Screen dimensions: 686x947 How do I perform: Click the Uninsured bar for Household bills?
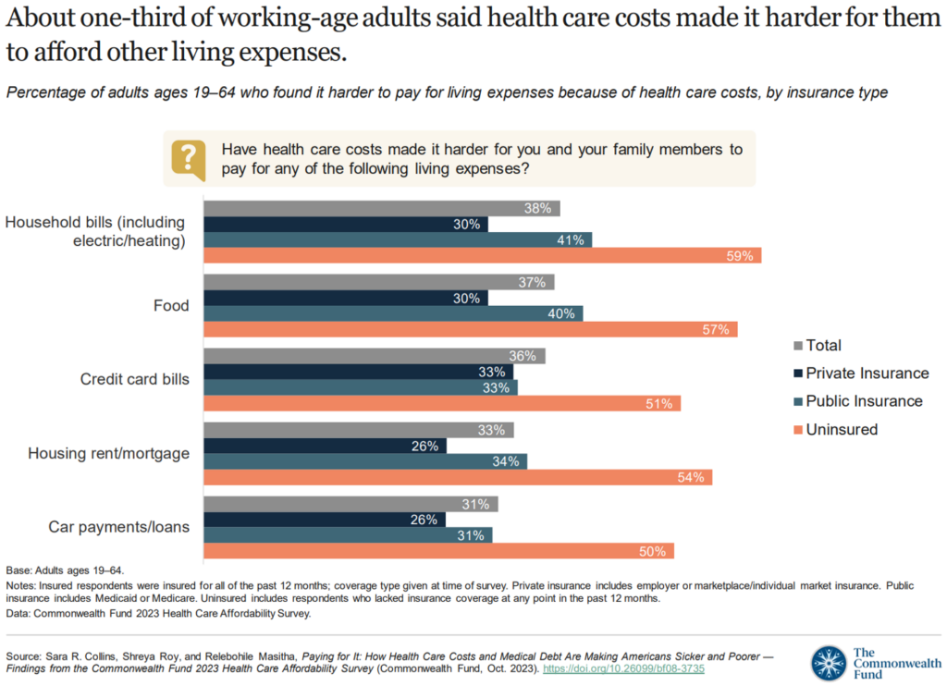coord(482,255)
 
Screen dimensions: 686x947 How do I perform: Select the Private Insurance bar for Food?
coord(345,298)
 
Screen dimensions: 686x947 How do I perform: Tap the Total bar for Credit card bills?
coord(374,356)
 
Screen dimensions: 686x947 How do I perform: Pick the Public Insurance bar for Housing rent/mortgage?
coord(364,460)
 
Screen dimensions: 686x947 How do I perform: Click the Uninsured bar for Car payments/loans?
coord(438,551)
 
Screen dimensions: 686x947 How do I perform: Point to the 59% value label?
coord(740,256)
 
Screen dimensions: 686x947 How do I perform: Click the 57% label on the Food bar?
coord(716,329)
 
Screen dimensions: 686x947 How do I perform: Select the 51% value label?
coord(659,403)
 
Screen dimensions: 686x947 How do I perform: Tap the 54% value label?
coord(691,477)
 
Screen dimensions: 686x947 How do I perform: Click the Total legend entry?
coord(823,346)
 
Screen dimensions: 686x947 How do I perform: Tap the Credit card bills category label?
coord(134,379)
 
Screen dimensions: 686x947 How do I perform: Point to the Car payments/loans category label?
coord(118,527)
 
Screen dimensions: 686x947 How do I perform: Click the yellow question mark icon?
coord(189,159)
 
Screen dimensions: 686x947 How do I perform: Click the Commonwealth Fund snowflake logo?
coord(828,663)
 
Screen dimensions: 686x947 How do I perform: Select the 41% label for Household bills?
coord(571,240)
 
